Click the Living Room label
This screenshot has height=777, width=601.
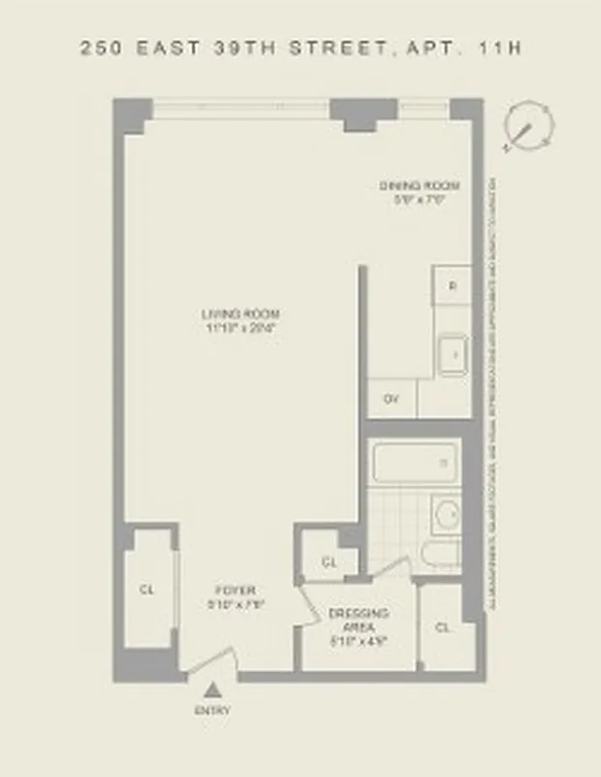[x=241, y=313]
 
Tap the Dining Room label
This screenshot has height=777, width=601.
[x=418, y=185]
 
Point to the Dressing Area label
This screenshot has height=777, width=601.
[x=358, y=614]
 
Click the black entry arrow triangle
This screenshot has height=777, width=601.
[x=213, y=691]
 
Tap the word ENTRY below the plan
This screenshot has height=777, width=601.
[x=213, y=711]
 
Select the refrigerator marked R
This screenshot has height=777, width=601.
[x=451, y=286]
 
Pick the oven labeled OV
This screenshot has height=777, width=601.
[x=391, y=398]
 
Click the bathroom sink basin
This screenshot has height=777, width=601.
[x=447, y=515]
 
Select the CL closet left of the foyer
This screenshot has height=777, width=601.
[x=148, y=589]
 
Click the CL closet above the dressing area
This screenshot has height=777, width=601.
[x=329, y=561]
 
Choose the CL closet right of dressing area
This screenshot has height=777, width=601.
[x=443, y=627]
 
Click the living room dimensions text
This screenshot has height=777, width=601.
[x=241, y=327]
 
